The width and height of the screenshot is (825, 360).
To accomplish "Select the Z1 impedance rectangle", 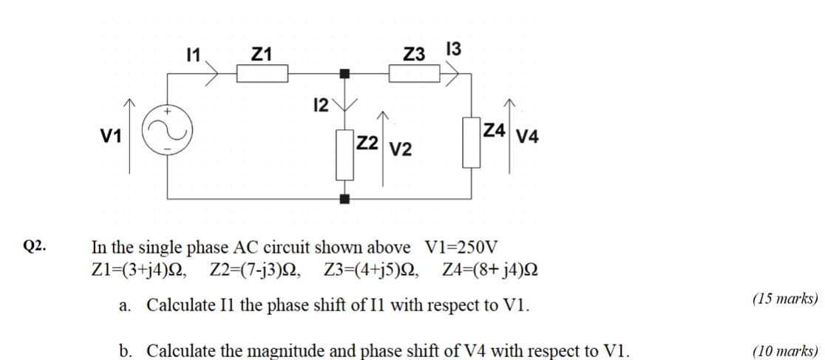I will [x=262, y=73].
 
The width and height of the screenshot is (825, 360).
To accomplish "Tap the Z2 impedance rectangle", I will [x=344, y=154].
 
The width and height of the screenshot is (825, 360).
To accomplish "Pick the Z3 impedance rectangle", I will [x=415, y=73].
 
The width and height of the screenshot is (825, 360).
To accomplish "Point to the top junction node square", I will [x=344, y=73].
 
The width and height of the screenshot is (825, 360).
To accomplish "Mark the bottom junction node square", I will [x=344, y=199].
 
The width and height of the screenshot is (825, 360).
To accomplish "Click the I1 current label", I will [x=194, y=53].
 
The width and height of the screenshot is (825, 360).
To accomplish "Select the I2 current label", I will [x=321, y=106].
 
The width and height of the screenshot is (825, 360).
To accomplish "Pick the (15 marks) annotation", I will [x=784, y=299].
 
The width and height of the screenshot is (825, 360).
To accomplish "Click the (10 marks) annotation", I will [x=784, y=350].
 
